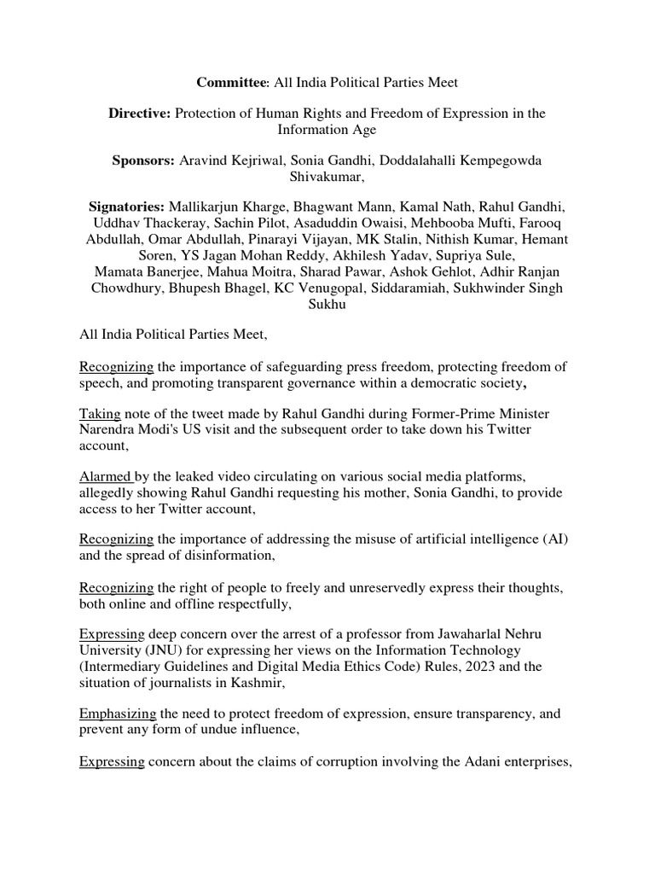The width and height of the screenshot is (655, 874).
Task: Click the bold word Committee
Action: (231, 83)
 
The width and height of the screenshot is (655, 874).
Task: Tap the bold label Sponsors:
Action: (143, 160)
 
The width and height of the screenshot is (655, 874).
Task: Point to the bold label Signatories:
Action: (127, 207)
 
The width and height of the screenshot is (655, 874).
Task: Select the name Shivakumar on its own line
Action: (327, 177)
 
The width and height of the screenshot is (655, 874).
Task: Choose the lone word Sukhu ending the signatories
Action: (327, 304)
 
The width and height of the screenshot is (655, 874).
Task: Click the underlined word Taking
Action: (100, 413)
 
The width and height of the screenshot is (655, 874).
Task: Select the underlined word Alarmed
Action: (105, 476)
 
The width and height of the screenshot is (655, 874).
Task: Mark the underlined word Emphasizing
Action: (118, 714)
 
